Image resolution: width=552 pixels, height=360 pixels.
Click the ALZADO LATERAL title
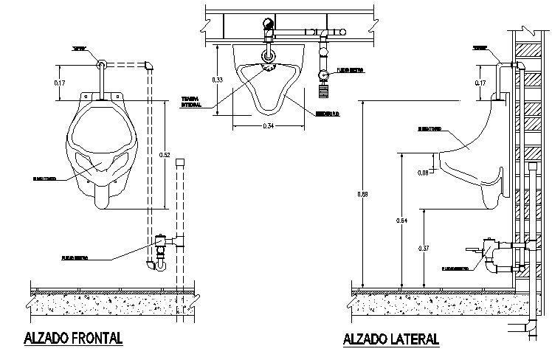click(391, 339)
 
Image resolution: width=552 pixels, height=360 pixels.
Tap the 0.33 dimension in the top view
click(218, 79)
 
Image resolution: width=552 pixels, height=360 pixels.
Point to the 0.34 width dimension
click(269, 127)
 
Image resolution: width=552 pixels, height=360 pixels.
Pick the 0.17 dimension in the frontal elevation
click(60, 83)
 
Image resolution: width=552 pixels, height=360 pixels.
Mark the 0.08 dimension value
click(423, 173)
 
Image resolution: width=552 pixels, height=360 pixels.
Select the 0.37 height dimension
click(424, 249)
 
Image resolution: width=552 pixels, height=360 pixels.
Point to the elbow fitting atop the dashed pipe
click(148, 65)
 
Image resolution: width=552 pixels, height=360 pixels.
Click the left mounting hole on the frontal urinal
click(87, 95)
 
